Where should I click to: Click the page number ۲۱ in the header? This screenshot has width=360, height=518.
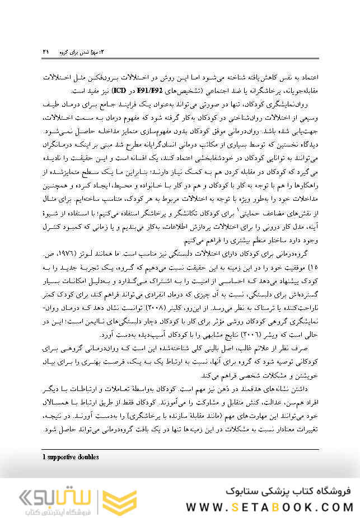tap(45, 51)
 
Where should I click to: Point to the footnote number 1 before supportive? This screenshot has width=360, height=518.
tap(44, 457)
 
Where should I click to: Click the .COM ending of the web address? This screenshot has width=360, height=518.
tap(330, 507)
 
